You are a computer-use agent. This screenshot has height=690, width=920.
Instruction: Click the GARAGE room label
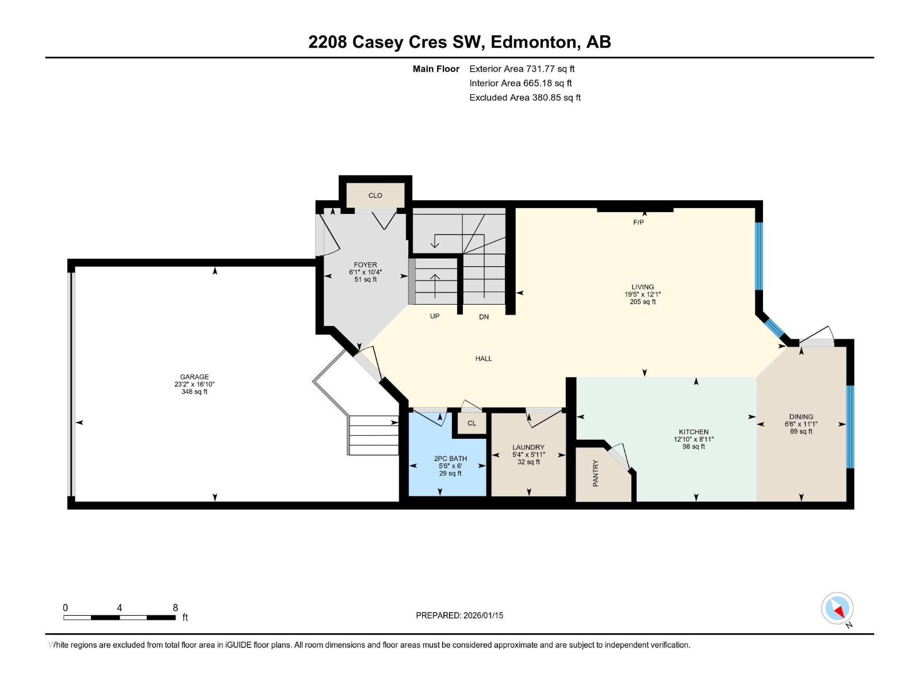[194, 377]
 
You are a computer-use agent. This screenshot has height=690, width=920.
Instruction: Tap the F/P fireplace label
[638, 223]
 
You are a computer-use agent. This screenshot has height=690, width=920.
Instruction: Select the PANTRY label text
[596, 473]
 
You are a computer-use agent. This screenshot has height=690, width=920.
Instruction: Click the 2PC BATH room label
[450, 459]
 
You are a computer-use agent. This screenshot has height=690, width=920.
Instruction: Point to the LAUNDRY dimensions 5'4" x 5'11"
[528, 455]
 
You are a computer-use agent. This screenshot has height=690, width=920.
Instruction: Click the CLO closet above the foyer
[375, 195]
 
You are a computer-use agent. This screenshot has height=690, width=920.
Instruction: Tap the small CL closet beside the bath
[471, 423]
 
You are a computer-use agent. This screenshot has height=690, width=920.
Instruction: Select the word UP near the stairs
[435, 316]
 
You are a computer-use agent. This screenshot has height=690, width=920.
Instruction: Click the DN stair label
[484, 317]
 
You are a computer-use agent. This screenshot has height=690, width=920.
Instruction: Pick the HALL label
[484, 359]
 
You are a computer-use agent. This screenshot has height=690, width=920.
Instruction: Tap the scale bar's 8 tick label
[175, 608]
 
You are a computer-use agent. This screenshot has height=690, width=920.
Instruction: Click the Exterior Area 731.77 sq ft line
[522, 69]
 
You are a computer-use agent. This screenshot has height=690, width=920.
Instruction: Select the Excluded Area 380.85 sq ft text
[524, 98]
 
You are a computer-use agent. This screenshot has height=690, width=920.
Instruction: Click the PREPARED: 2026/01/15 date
[459, 615]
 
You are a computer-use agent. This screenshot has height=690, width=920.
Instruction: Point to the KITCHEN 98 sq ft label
[693, 447]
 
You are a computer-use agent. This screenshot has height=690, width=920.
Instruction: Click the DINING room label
[801, 417]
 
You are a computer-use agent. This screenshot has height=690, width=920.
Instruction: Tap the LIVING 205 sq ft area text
[642, 302]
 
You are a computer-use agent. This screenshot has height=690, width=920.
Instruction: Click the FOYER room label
[365, 265]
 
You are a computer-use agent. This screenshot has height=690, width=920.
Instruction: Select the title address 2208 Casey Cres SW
[397, 42]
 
